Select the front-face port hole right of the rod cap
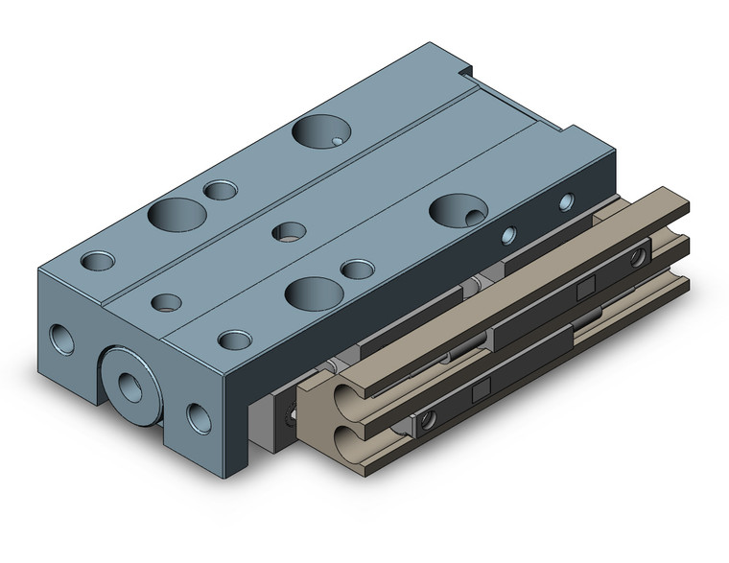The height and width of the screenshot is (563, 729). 200,416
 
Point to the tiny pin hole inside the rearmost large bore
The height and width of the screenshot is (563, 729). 338,142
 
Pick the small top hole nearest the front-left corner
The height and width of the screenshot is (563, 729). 97,260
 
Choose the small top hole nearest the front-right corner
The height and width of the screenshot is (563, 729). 233,339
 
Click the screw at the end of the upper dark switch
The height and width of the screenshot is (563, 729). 637,256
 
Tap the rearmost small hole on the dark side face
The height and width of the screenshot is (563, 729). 566,201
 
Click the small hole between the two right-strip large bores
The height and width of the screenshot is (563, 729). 358,270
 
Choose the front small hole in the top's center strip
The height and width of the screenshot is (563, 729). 167,302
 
